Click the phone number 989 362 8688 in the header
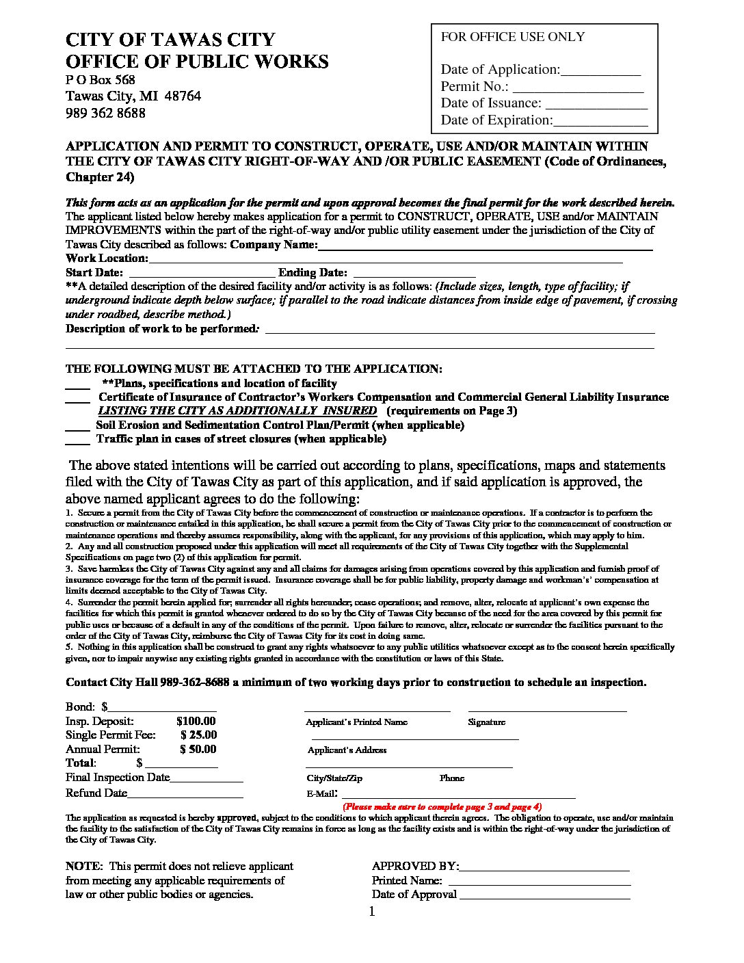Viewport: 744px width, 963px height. (x=105, y=114)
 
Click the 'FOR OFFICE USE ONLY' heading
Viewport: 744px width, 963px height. (x=512, y=37)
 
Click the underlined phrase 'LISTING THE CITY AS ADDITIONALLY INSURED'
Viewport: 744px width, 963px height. (x=237, y=411)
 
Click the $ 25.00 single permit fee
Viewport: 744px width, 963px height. (x=198, y=735)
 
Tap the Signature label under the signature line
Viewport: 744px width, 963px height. (x=486, y=722)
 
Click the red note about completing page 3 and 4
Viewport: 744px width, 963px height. (x=442, y=806)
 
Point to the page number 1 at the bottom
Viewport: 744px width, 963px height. (x=372, y=912)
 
